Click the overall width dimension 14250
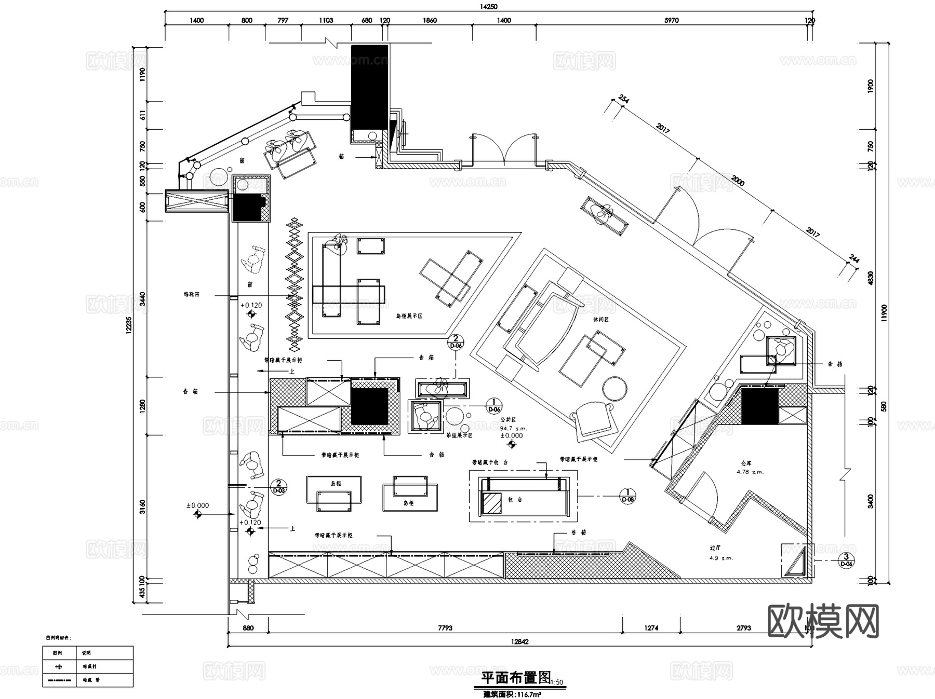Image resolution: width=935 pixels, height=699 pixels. coord(488,7)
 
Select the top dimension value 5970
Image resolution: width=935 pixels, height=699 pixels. coord(672,20)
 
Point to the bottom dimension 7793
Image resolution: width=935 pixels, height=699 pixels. coord(445,628)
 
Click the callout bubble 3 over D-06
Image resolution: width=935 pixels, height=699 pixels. coord(846,560)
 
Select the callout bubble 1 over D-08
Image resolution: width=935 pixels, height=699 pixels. coord(628,496)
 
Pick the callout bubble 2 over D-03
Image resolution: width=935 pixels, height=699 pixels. coord(279,486)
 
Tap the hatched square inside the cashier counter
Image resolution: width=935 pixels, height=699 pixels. coord(491,502)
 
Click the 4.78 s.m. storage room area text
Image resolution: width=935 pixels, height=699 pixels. coord(750,472)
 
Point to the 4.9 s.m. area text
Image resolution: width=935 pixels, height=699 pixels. coord(720,558)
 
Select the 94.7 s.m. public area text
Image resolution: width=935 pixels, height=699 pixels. coord(513,429)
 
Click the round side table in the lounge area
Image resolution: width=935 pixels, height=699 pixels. coord(615,388)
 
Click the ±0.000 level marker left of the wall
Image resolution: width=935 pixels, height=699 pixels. coord(198,505)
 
